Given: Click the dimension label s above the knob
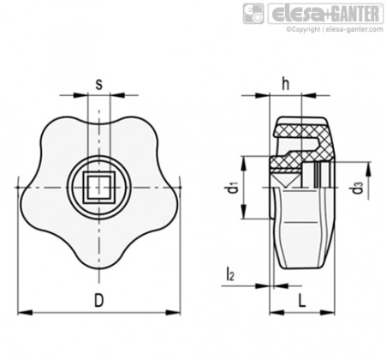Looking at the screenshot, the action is pos(98,84).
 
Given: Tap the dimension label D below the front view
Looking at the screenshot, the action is pos(99,301).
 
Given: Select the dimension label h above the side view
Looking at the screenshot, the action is pos(285,84).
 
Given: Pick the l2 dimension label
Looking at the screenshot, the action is pos(230,273).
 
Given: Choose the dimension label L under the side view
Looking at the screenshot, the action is pos(302,301).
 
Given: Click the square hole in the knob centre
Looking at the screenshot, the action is pos(98,188).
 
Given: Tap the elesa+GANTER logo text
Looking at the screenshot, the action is pos(325,14).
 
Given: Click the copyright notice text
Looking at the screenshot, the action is pos(335,29).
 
